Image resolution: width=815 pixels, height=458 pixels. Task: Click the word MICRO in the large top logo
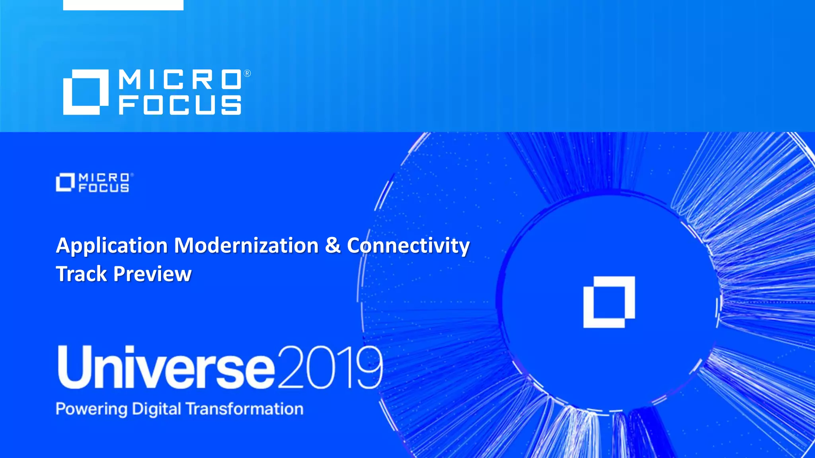tap(180, 80)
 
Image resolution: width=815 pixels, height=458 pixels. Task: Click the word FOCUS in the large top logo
tap(180, 105)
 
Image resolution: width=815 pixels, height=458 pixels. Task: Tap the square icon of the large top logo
tap(86, 92)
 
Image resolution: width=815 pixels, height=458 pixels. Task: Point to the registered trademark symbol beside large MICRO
tap(247, 74)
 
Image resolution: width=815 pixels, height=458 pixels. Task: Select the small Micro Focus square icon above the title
tap(65, 182)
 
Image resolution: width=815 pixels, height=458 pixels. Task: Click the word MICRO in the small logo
tap(104, 177)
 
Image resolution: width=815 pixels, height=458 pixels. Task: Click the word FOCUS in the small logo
tap(104, 188)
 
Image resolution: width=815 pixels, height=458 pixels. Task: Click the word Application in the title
tap(112, 246)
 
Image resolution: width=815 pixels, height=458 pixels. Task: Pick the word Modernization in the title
tap(246, 245)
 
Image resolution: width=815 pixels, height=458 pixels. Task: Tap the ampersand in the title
tap(333, 245)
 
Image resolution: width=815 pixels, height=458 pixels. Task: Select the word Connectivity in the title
tap(408, 245)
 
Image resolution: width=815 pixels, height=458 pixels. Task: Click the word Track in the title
tap(82, 274)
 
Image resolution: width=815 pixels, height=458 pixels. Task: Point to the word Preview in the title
tap(152, 274)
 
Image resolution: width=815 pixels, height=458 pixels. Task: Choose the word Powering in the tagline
tap(92, 409)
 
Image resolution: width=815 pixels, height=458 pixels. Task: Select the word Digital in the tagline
tap(156, 409)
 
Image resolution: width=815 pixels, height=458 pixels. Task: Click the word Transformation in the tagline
tap(244, 409)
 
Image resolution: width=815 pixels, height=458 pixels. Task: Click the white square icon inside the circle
tap(609, 302)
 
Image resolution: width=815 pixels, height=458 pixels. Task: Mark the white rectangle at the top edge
tap(123, 5)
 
